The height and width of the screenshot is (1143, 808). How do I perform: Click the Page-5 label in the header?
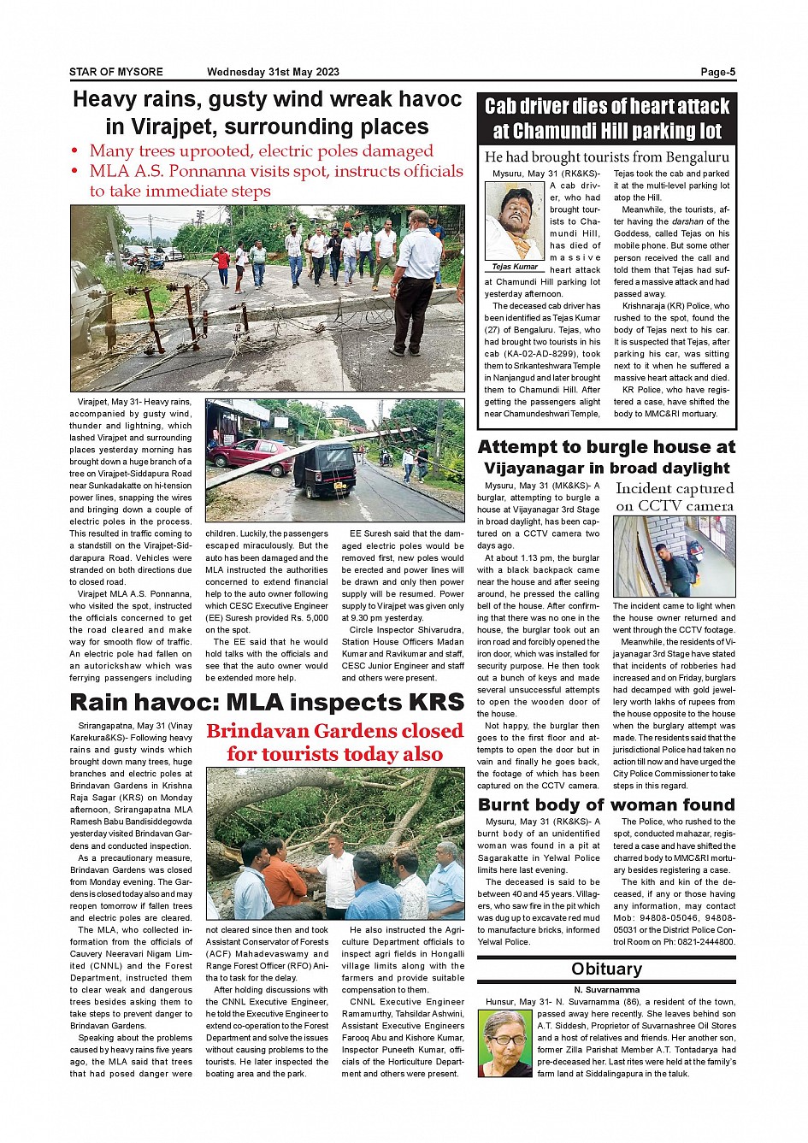tap(717, 73)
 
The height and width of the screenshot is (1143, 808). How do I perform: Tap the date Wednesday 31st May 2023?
tap(273, 73)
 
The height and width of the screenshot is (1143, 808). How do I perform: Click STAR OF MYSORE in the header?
tap(116, 73)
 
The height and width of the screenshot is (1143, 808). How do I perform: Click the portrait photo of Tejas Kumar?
tap(514, 221)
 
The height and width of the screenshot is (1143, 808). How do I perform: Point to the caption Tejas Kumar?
tap(515, 267)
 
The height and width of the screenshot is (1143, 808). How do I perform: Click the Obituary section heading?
tap(606, 969)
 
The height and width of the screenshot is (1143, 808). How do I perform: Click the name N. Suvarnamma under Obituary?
tap(606, 990)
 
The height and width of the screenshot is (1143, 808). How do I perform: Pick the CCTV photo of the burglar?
tap(674, 557)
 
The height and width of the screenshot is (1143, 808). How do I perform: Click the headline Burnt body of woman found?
tap(606, 804)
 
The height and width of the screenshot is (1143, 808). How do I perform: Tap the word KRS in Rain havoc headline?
tap(424, 703)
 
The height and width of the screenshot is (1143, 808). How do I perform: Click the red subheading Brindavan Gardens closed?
tap(334, 731)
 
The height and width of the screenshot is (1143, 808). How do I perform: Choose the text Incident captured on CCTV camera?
tap(675, 497)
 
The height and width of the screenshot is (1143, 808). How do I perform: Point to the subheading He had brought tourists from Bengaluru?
tap(606, 157)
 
